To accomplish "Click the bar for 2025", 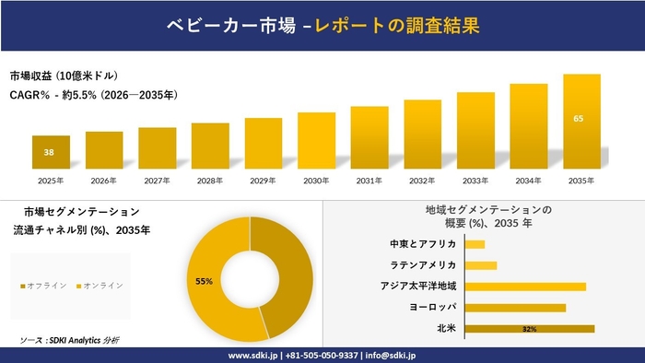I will [51, 152].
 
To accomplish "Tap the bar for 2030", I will [316, 140].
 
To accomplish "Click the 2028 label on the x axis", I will [210, 181].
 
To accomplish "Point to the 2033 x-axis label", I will [475, 181].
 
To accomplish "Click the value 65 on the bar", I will [578, 119].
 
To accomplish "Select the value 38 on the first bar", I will [49, 152].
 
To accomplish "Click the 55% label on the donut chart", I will [204, 280].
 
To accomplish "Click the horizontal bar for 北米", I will [529, 328].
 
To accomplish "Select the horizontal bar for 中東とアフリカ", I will [475, 244].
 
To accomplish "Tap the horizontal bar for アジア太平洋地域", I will [525, 287].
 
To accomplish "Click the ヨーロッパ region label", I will [432, 307].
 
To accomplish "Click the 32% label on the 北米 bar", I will [529, 329].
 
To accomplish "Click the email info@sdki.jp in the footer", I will [391, 355].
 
